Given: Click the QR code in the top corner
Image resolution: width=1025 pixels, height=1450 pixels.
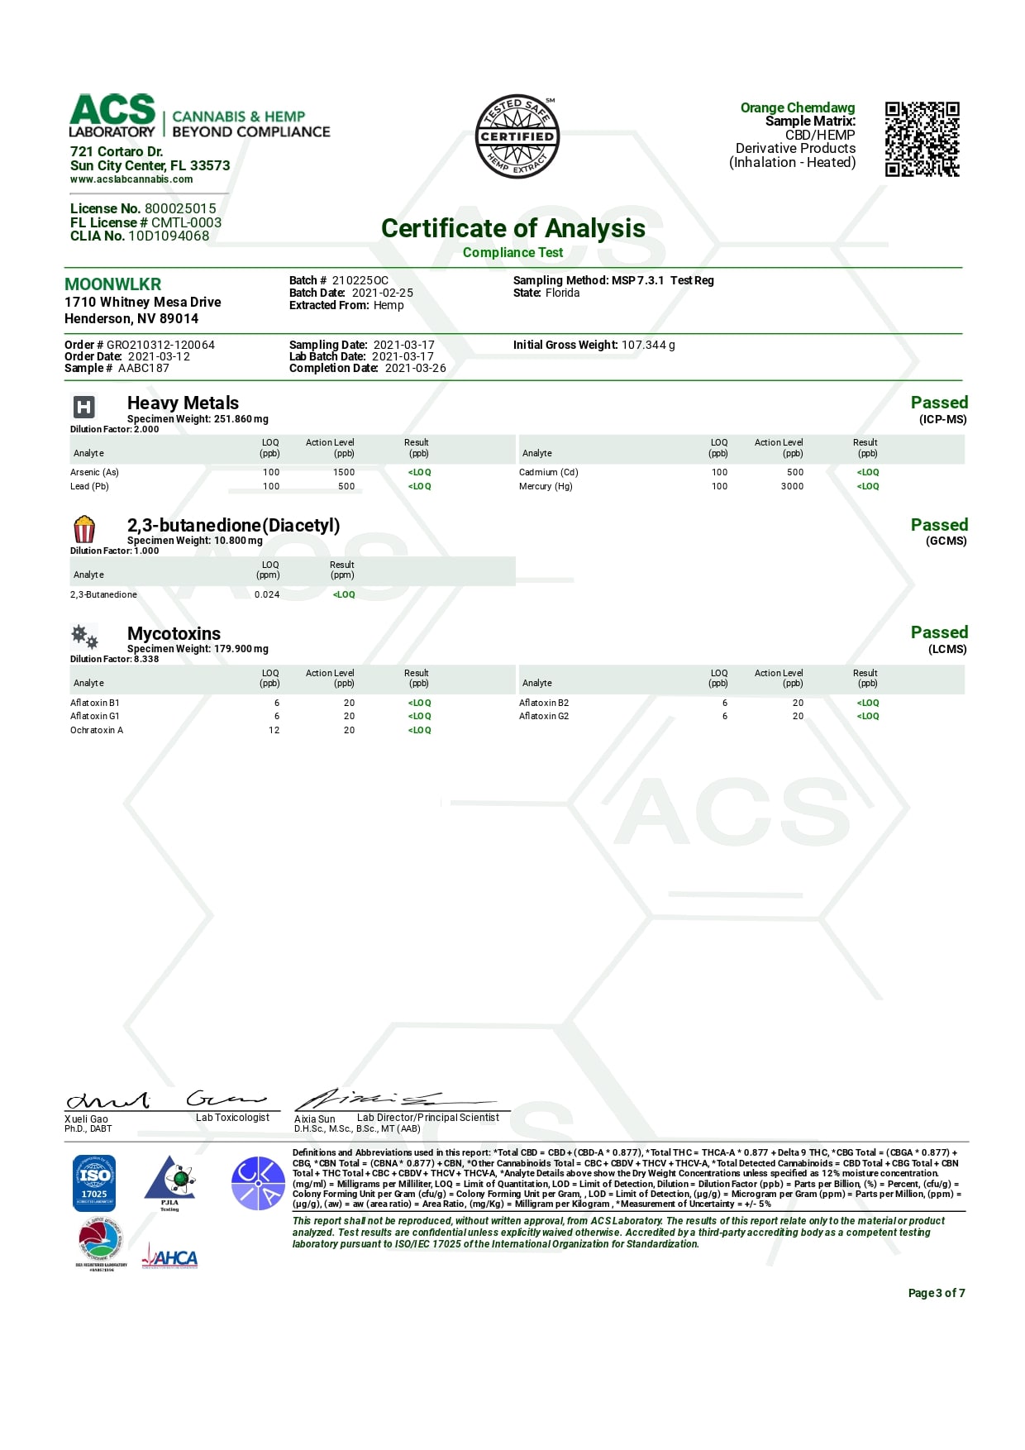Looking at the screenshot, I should click(x=922, y=139).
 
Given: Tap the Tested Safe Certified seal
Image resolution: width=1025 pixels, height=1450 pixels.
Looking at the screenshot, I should click(x=517, y=136).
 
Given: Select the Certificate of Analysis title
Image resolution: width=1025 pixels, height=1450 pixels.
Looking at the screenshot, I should click(x=512, y=228).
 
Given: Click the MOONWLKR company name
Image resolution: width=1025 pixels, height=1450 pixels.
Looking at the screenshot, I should click(x=113, y=284).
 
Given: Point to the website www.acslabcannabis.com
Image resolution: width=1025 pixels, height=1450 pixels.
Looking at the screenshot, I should click(x=131, y=179).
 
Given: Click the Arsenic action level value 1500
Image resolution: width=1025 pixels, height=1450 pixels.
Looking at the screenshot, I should click(x=344, y=473).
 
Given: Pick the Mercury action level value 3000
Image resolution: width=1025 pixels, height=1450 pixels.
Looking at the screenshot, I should click(x=792, y=487).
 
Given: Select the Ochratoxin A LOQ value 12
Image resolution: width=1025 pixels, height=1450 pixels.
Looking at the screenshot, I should click(x=274, y=731).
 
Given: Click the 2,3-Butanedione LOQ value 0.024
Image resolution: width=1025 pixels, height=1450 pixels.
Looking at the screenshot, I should click(x=267, y=595).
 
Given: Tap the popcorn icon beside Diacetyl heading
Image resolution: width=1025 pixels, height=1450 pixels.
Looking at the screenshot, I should click(x=84, y=529).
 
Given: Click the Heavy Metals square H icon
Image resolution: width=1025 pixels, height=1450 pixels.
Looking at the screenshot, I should click(x=84, y=407).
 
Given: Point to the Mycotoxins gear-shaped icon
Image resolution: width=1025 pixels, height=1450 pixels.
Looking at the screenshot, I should click(x=84, y=637).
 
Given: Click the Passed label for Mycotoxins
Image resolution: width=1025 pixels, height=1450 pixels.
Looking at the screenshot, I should click(x=939, y=632).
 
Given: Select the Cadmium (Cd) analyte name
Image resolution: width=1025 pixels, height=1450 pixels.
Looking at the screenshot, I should click(x=548, y=473).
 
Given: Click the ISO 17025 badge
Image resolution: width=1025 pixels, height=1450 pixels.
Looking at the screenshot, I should click(x=94, y=1183).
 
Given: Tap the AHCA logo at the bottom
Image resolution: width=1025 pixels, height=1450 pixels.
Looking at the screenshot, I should click(x=170, y=1257).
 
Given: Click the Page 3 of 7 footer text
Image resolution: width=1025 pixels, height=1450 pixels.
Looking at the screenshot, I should click(x=936, y=1293).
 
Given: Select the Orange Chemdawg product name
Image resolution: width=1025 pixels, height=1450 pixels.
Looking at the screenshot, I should click(x=797, y=107).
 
